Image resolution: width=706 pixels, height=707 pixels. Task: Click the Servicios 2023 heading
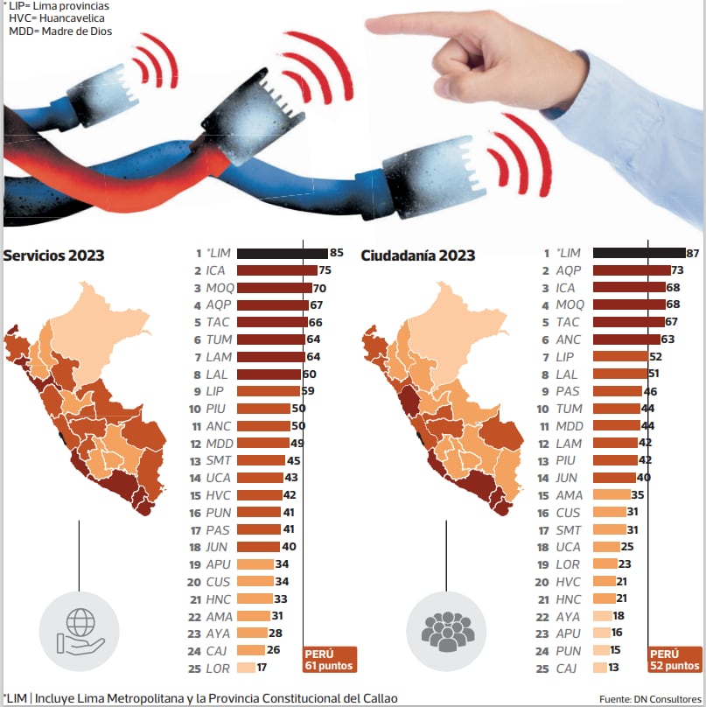(54, 255)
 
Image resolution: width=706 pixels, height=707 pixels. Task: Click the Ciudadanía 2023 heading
(418, 255)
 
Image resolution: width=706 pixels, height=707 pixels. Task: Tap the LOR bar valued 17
(246, 668)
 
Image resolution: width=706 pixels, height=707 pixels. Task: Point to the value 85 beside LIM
(336, 253)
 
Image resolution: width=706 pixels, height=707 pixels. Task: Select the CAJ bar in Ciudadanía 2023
(599, 668)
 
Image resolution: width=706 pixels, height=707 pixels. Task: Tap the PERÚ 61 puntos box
(330, 660)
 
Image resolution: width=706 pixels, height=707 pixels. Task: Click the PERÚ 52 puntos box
(675, 660)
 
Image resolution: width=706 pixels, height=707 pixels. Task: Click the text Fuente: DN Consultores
(650, 698)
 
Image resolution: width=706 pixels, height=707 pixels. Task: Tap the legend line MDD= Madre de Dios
(60, 31)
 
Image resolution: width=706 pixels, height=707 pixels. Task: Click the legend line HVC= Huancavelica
(59, 18)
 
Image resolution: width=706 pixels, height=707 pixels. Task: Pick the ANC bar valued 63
(626, 339)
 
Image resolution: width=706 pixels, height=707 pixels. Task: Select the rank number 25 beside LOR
(194, 668)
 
